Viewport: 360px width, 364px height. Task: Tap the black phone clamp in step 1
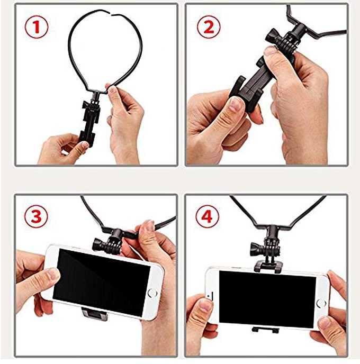point(87,124)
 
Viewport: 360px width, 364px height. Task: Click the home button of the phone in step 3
point(152,292)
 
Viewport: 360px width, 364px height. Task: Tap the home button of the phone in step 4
point(321,303)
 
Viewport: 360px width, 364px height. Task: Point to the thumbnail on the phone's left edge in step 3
point(52,274)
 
